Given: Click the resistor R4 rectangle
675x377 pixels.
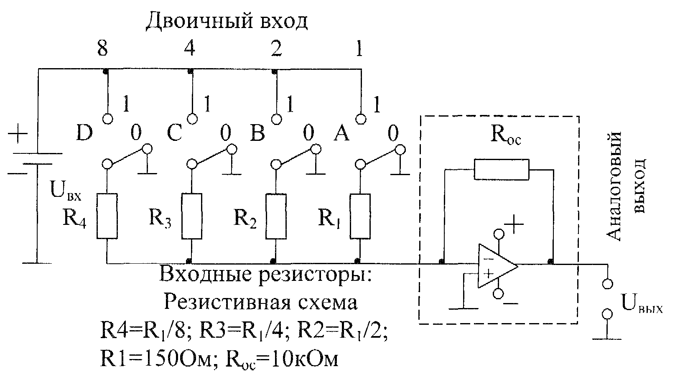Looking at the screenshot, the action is pos(107,216).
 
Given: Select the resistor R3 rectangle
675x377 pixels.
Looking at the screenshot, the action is pos(192,216).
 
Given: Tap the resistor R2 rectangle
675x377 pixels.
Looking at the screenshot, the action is pos(276,216).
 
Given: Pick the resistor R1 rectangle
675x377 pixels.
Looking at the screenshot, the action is pos(360,216).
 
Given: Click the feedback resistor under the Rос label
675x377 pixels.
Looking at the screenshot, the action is pos(502,170).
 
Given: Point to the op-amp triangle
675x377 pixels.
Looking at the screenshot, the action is pos(497,266).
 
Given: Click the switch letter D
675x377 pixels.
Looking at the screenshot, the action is pos(84,132).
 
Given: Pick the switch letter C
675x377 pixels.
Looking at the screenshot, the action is pos(174,132).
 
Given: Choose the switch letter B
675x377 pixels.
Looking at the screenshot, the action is pos(257,132).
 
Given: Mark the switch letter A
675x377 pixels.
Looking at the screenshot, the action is pos(341,132).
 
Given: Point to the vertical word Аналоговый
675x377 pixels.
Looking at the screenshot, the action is pos(613,186).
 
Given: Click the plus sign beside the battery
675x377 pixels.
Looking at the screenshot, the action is pos(18,133).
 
